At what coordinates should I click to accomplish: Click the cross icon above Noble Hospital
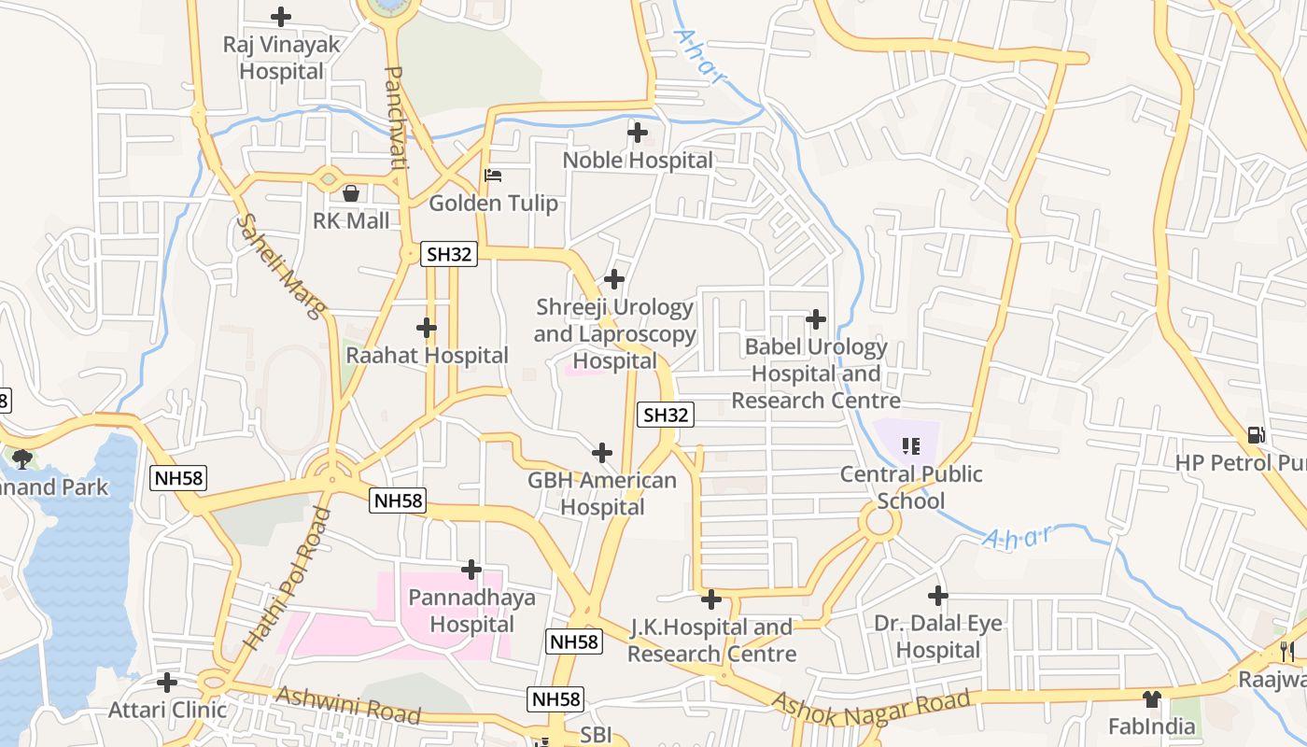click(638, 133)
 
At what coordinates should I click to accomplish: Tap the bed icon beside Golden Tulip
click(493, 176)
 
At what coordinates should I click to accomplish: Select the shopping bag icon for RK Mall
click(351, 193)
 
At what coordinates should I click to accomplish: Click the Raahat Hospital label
click(427, 356)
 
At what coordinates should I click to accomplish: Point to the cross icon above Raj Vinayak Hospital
click(280, 17)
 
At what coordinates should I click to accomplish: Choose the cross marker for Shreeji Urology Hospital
click(614, 278)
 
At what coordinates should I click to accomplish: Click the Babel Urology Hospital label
click(816, 373)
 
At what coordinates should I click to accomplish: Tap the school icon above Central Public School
click(911, 445)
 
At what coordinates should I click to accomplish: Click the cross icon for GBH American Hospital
click(602, 454)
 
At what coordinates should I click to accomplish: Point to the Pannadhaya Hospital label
click(472, 611)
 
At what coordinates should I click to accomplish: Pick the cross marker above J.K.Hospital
click(711, 599)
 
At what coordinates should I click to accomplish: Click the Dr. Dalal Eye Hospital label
click(938, 636)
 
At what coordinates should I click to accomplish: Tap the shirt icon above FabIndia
click(1151, 698)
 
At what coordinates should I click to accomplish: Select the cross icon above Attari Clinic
click(167, 683)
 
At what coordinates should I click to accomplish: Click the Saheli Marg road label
click(279, 266)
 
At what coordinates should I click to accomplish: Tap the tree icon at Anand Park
click(22, 458)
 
